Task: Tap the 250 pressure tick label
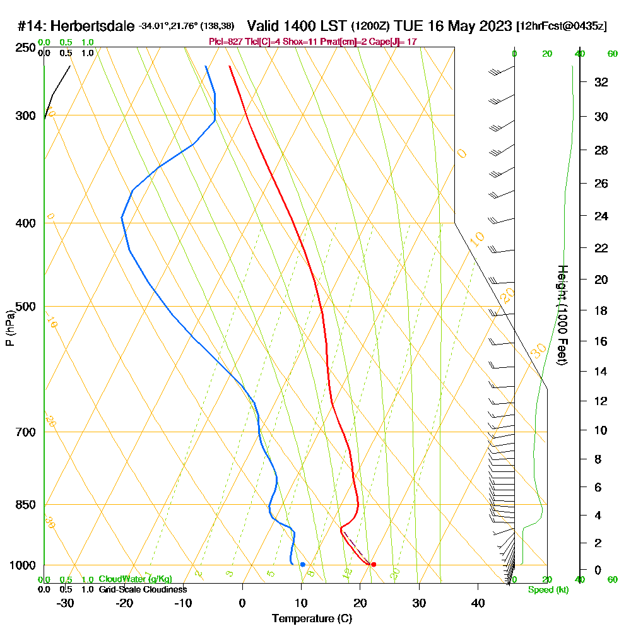25,47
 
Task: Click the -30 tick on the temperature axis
66,603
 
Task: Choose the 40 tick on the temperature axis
478,603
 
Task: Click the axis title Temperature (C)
312,618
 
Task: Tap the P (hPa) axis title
9,328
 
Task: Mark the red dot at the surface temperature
374,564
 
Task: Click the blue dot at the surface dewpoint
303,564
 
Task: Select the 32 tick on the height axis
601,82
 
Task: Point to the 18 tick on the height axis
601,310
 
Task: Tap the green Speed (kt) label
549,589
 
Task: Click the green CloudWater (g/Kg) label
135,579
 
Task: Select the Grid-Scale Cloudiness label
142,589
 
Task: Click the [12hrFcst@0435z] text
562,27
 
